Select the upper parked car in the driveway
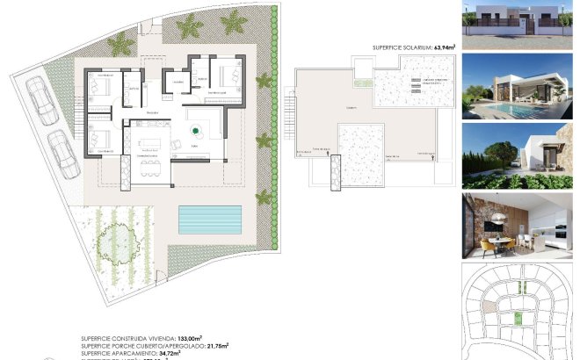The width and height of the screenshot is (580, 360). point(40,98)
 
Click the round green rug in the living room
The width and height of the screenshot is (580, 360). point(195,132)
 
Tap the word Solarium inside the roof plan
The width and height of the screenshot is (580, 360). point(352,108)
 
